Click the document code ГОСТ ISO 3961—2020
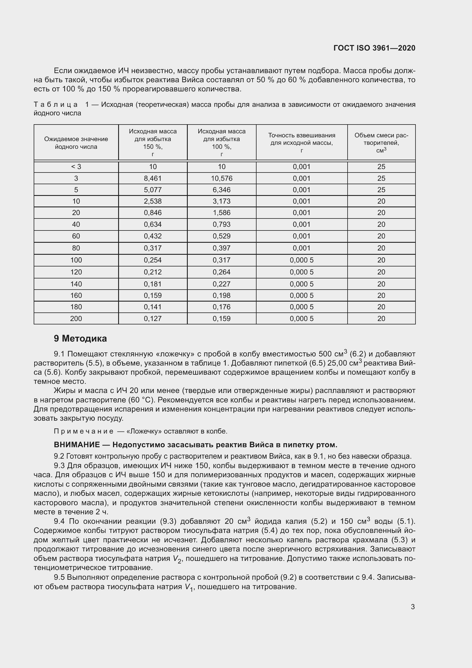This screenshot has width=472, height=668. pyautogui.click(x=374, y=48)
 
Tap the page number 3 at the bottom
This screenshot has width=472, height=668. pyautogui.click(x=413, y=607)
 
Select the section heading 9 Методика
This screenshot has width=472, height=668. pyautogui.click(x=80, y=338)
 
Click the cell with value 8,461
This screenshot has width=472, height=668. pyautogui.click(x=153, y=178)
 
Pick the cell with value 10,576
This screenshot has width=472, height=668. pyautogui.click(x=221, y=178)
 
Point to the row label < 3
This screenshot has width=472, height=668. pyautogui.click(x=76, y=167)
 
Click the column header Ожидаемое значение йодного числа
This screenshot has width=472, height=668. pyautogui.click(x=76, y=143)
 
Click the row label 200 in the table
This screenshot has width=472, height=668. pyautogui.click(x=76, y=319)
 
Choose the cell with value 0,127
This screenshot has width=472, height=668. pyautogui.click(x=153, y=319)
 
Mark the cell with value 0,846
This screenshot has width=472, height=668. pyautogui.click(x=153, y=213)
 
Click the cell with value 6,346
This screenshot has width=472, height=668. pyautogui.click(x=221, y=190)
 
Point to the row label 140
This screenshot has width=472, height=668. pyautogui.click(x=76, y=284)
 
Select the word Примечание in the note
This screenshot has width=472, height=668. pyautogui.click(x=84, y=431)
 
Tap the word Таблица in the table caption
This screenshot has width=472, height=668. pyautogui.click(x=56, y=105)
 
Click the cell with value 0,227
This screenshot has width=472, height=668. pyautogui.click(x=221, y=284)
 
